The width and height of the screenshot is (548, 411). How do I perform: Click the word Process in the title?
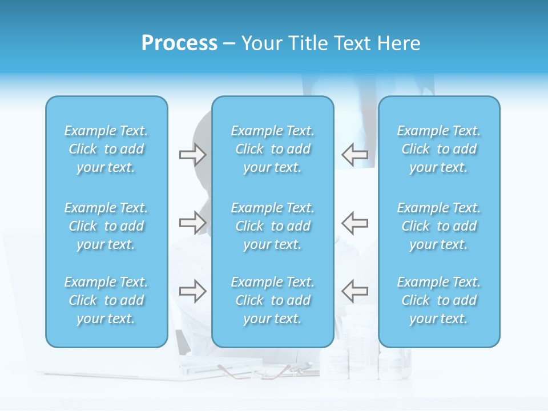tap(179, 43)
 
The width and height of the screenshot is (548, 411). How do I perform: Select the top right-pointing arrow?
tap(192, 155)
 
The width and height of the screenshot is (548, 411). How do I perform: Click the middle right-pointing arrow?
tap(192, 223)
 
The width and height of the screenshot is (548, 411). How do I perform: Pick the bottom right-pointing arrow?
tap(192, 291)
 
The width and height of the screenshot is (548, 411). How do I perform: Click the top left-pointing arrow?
tap(354, 155)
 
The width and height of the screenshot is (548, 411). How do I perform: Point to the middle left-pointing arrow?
tap(354, 223)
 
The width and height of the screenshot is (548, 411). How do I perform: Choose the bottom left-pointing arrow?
tap(354, 291)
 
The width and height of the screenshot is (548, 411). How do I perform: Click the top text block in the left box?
tap(106, 149)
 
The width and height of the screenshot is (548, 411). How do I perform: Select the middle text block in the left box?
tap(106, 226)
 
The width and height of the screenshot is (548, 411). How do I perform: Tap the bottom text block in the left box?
tap(106, 300)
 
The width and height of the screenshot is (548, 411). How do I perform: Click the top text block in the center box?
tap(273, 149)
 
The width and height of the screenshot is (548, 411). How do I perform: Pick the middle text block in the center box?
tap(273, 226)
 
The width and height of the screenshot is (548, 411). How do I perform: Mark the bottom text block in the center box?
tap(273, 300)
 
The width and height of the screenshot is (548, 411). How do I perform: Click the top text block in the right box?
tap(439, 149)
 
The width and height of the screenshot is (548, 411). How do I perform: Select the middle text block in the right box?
tap(439, 226)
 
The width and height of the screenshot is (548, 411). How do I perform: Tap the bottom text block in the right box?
tap(439, 300)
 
